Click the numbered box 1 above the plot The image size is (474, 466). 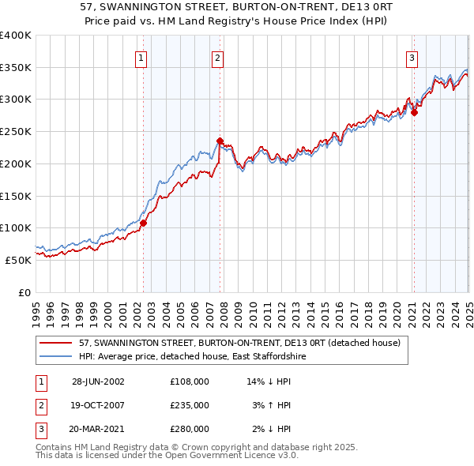coord(141,57)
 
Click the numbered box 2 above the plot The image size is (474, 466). coord(216,57)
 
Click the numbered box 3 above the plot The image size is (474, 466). coord(412,57)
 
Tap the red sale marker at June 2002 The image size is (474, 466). coord(144,223)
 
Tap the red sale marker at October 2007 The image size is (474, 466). coord(220,141)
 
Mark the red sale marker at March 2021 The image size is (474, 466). coord(414,112)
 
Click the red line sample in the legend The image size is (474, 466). coord(55,343)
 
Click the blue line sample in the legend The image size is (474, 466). coord(55,357)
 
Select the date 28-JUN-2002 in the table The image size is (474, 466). coord(98,381)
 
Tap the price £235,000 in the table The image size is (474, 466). coord(189,405)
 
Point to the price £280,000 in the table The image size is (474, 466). coord(189,429)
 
